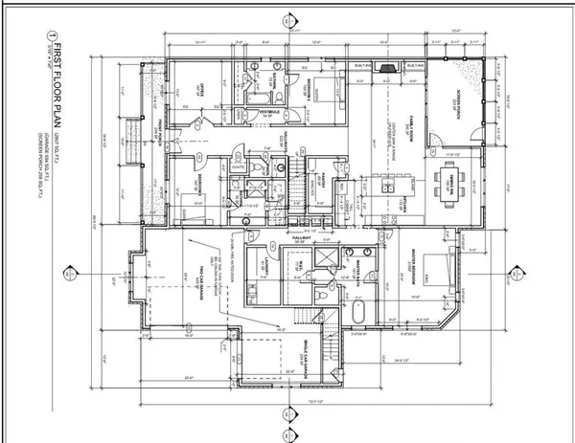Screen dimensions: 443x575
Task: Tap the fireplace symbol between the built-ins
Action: point(386,68)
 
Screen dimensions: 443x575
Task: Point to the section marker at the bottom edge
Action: point(286,414)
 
